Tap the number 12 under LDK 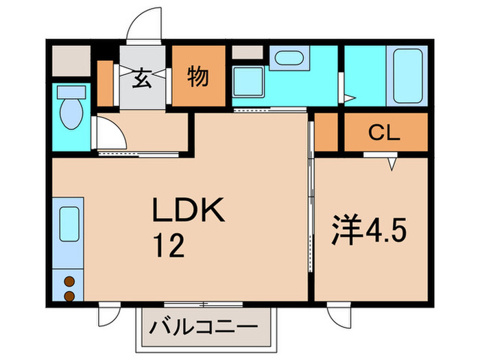point(168,246)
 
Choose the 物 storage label point(197,77)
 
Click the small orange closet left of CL point(325,132)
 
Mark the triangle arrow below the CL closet point(393,164)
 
